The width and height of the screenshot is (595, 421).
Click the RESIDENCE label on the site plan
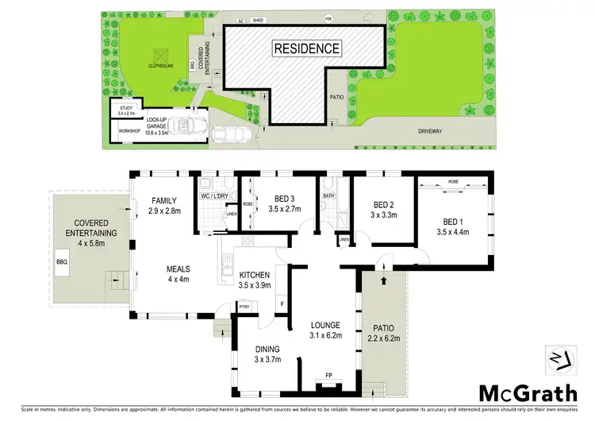click(307, 48)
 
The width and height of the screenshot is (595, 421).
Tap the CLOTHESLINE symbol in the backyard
click(163, 56)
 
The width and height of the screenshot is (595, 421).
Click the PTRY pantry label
click(244, 306)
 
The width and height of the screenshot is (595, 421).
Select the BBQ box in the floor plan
click(62, 261)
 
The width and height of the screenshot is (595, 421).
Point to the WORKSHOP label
click(129, 129)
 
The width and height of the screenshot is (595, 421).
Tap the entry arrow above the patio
click(384, 279)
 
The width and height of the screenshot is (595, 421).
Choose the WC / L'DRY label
click(215, 196)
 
